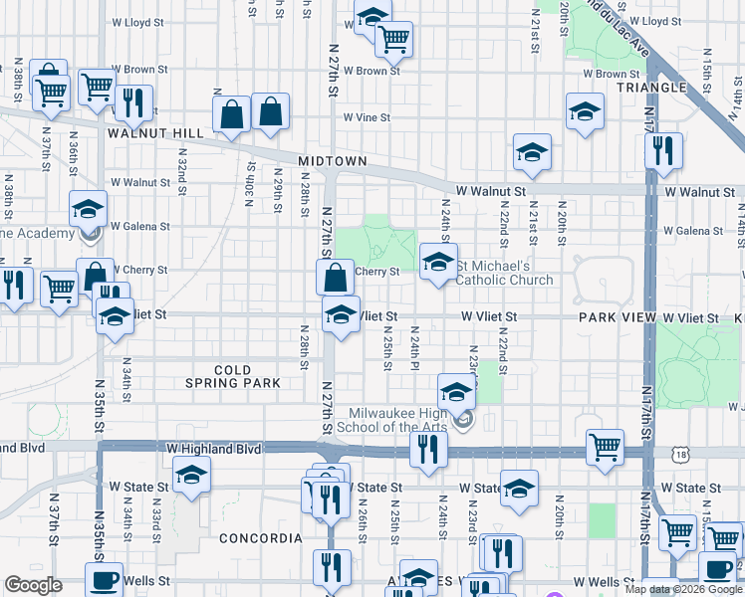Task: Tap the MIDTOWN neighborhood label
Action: [x=334, y=161]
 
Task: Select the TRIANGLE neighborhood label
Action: [x=651, y=88]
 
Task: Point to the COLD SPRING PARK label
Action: [x=233, y=376]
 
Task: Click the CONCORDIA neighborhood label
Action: [x=261, y=538]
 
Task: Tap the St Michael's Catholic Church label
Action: [x=504, y=273]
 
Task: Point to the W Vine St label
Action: [x=367, y=117]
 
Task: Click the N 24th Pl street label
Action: [x=414, y=348]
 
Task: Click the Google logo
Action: [x=34, y=584]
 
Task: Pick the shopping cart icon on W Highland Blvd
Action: [x=605, y=447]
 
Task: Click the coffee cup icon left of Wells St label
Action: [x=102, y=580]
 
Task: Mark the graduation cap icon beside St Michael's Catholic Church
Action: [x=436, y=263]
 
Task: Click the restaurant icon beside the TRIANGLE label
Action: [x=662, y=150]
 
